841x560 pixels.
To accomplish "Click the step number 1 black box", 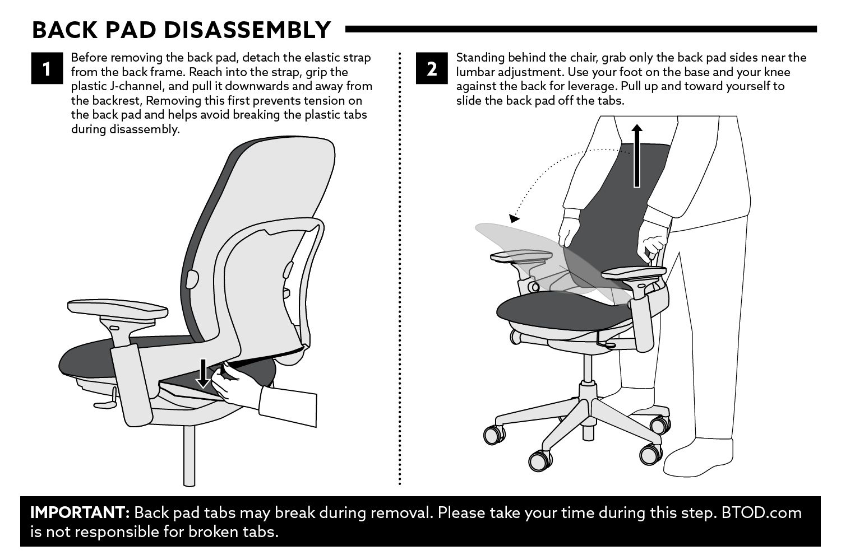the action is (47, 68).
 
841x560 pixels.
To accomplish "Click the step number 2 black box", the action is (432, 68).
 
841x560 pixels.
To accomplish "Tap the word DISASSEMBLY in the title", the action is (247, 30).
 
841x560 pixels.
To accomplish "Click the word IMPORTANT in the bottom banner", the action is (80, 512).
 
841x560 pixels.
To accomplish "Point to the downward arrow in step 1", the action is (203, 373).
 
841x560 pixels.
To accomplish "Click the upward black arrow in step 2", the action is (637, 156).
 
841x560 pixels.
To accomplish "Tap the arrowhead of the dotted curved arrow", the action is (514, 218).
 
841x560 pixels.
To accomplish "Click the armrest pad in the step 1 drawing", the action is (118, 311).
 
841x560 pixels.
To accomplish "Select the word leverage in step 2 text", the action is (585, 86).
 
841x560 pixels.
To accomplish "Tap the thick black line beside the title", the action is (581, 29).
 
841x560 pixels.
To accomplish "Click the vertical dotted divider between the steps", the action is (399, 269).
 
